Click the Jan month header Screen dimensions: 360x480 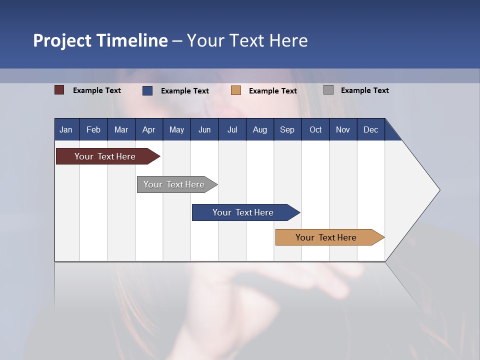pos(66,129)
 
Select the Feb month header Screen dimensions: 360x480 pos(93,129)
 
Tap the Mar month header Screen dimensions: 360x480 pos(121,129)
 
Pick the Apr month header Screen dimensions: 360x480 pos(149,129)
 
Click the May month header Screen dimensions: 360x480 pos(176,129)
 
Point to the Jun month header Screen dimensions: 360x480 pos(204,129)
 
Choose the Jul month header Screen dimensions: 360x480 pos(232,129)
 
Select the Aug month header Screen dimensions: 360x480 pos(260,129)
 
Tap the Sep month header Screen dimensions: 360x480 pos(287,129)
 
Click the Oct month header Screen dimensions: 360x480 pos(315,129)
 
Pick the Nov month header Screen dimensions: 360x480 pos(343,129)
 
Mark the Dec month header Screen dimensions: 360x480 pos(371,129)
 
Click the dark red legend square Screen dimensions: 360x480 pos(59,90)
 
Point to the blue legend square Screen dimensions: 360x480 pos(147,90)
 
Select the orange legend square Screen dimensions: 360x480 pos(236,90)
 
